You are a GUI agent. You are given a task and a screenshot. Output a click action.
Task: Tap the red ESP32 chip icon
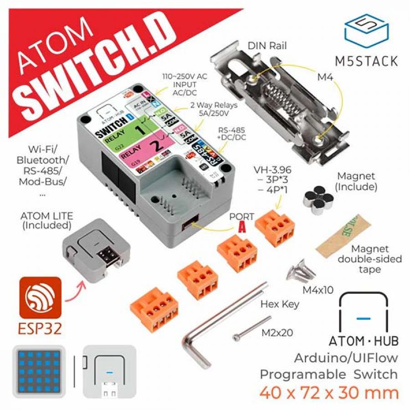coord(40,298)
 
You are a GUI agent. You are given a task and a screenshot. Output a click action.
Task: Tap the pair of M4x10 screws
coord(301,271)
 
